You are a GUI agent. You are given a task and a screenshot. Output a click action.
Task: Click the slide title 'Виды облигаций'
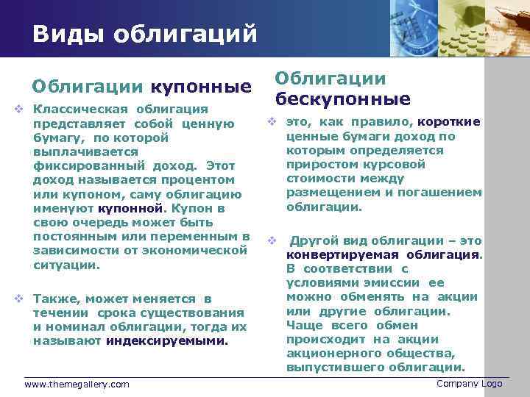pos(144,34)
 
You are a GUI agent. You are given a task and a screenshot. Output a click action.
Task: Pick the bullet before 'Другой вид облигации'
pos(272,241)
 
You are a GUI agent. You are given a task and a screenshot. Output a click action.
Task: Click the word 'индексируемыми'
pos(166,341)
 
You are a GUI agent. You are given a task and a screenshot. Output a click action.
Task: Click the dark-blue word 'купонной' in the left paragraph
pos(127,208)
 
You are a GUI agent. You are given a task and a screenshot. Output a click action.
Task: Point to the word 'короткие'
pos(449,122)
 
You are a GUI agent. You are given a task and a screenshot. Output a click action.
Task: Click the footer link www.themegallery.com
pos(77,385)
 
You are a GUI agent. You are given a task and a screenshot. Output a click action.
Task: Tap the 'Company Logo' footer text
pos(469,384)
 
